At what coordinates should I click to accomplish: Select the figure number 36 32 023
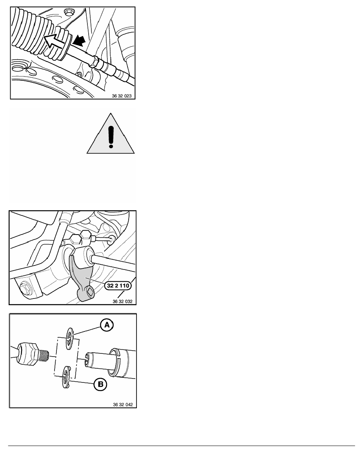122,96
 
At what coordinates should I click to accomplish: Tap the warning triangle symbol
111,134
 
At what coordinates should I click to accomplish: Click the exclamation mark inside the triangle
111,137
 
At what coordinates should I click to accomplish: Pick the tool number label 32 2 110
118,286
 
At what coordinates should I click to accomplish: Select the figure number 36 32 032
122,301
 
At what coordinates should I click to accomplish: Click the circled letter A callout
107,325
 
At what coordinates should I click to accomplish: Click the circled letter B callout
100,384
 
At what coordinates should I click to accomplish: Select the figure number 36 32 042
123,404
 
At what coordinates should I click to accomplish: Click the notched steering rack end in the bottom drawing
110,362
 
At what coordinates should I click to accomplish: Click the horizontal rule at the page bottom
182,446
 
